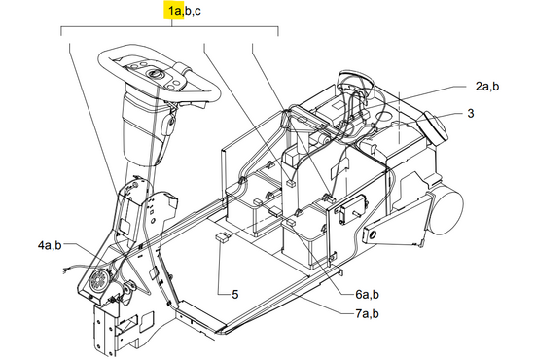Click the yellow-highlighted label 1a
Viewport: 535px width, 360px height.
pos(174,11)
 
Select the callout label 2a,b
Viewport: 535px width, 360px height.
pos(487,87)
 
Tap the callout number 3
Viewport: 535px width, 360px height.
pos(471,113)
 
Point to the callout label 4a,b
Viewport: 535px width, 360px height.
pos(50,245)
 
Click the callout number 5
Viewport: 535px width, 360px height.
pos(235,294)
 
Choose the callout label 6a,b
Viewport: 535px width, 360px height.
pos(367,294)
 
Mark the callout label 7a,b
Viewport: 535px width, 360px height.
pos(367,313)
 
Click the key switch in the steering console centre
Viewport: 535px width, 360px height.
pos(153,73)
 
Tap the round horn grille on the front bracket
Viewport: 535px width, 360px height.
pos(99,281)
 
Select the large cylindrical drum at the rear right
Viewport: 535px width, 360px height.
pos(446,210)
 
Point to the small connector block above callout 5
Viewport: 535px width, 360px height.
pos(222,237)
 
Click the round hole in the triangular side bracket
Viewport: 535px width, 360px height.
pos(373,234)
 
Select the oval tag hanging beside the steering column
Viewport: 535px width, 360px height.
pos(168,126)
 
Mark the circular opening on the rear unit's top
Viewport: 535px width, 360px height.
pos(385,116)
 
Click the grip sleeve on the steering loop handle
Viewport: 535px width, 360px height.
pos(184,70)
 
